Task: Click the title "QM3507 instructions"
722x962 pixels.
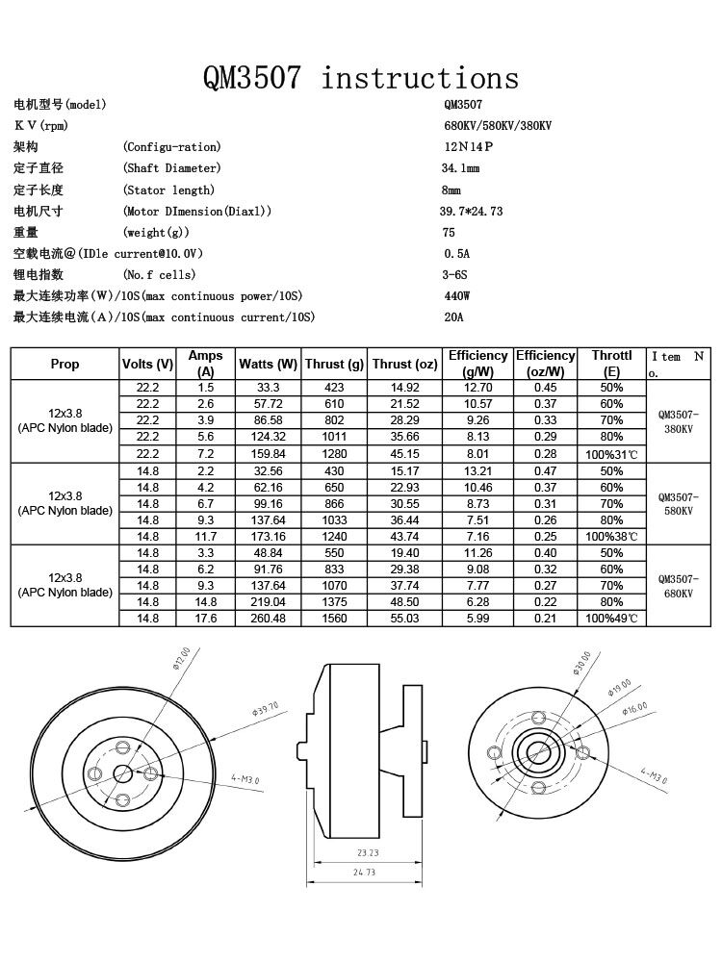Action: pos(360,77)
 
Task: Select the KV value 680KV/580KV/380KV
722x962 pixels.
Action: pos(497,126)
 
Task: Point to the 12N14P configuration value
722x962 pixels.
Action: pos(467,147)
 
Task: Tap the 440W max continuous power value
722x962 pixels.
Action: pos(456,296)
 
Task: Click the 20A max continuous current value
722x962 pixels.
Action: pos(453,317)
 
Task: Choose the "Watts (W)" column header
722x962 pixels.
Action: pos(268,365)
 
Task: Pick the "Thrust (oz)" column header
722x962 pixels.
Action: pos(404,365)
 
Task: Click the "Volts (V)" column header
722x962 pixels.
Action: pos(147,365)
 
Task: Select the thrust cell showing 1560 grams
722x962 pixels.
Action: pos(334,619)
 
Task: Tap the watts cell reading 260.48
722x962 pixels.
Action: pos(268,619)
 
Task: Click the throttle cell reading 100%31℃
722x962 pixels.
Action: pos(611,454)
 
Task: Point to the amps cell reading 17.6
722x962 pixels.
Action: pos(205,619)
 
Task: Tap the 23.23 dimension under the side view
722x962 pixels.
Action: pos(367,852)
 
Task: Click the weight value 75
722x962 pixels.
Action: pos(449,233)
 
